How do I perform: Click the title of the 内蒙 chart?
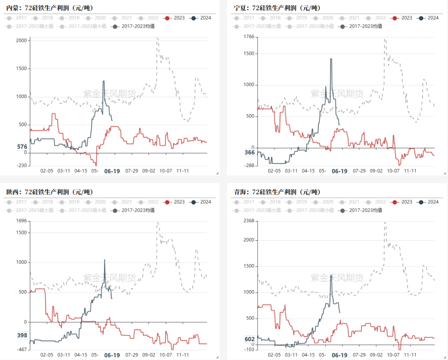click(49, 8)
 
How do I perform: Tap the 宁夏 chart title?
click(277, 8)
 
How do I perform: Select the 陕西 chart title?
click(49, 192)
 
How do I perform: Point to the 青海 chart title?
click(277, 192)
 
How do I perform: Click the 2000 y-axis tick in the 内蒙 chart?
click(21, 40)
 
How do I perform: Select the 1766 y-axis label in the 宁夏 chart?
click(249, 37)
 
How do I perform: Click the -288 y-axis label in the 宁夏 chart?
click(249, 166)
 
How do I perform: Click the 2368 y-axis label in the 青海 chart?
click(249, 221)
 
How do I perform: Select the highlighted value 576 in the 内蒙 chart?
click(22, 147)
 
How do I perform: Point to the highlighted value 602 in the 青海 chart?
click(250, 339)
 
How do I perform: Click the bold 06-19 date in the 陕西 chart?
click(112, 355)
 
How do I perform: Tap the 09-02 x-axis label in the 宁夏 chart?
click(376, 171)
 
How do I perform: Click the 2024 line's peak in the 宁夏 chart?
click(331, 58)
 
